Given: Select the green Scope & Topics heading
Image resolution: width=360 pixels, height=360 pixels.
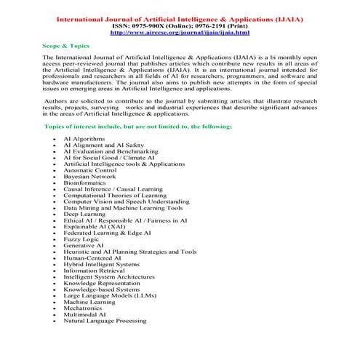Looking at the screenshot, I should pyautogui.click(x=65, y=45).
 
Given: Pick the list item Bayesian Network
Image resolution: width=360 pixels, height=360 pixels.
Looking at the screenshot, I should pyautogui.click(x=89, y=176).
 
